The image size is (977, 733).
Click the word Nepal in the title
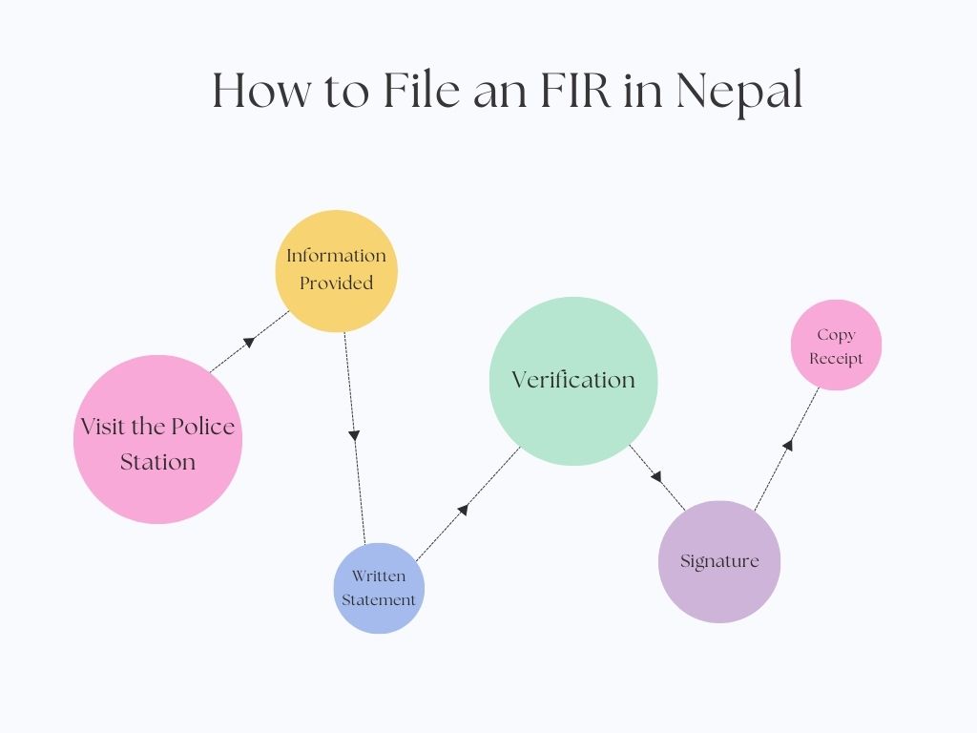point(739,92)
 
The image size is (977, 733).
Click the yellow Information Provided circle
point(337,271)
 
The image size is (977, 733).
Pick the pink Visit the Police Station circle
point(157,440)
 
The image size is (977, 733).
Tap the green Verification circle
point(572,381)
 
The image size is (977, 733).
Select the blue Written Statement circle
point(379,588)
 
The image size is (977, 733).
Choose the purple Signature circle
point(719,561)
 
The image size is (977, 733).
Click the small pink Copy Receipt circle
point(836,346)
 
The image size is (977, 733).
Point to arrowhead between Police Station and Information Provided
point(249,341)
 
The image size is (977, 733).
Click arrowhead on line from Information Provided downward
point(354,435)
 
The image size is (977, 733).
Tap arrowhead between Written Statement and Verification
point(463,510)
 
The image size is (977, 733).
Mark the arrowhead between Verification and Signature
point(655,475)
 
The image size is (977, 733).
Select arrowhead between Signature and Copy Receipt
point(788,444)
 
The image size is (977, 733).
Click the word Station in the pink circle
point(157,462)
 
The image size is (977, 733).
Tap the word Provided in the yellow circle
point(337,283)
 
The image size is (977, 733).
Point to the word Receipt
point(836,359)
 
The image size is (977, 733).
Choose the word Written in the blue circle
point(379,576)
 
